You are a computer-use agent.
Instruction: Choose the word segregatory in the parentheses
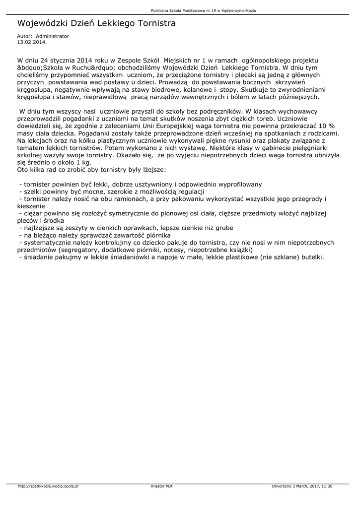[78, 250]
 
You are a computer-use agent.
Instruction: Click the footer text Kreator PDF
[162, 486]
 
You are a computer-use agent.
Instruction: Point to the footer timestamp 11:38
[327, 486]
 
